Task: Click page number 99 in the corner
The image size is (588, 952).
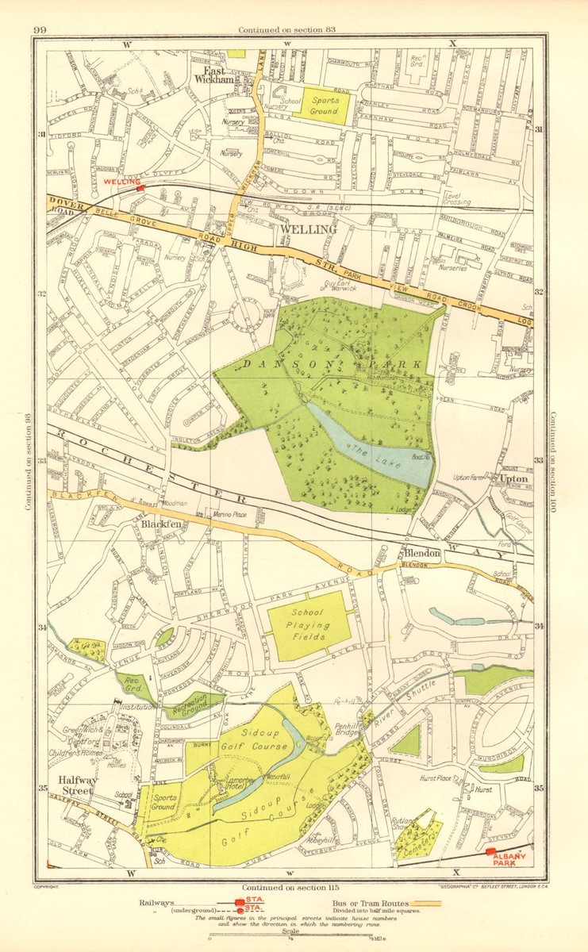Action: (x=40, y=31)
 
